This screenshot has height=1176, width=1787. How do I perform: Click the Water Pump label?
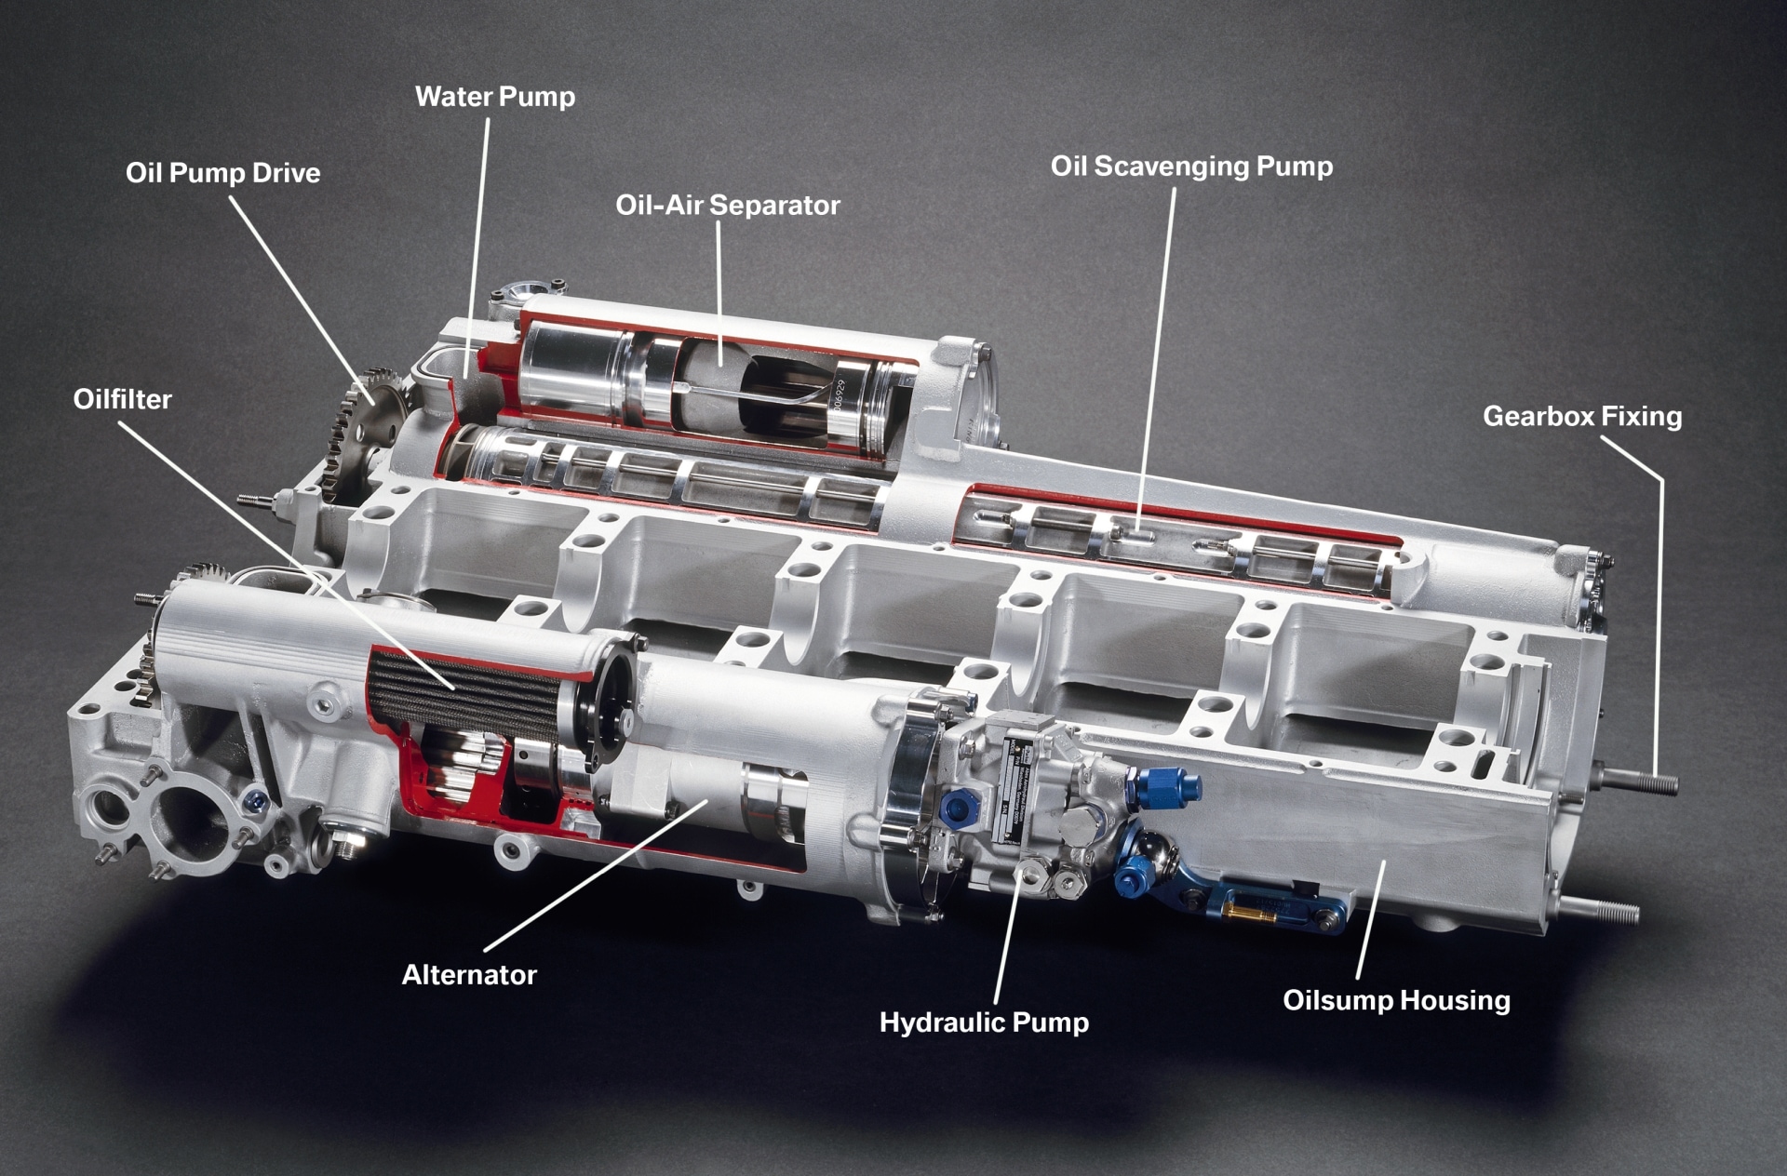click(x=494, y=97)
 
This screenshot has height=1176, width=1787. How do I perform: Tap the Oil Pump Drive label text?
click(x=222, y=173)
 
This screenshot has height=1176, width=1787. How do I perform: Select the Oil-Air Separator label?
click(x=727, y=206)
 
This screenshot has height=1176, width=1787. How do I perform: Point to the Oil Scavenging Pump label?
click(x=1191, y=167)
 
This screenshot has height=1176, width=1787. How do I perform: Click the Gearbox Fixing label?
click(x=1582, y=416)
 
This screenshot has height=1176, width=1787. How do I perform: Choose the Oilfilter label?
click(x=122, y=400)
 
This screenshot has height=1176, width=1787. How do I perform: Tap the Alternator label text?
click(x=469, y=975)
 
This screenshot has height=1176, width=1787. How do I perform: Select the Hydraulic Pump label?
click(x=984, y=1022)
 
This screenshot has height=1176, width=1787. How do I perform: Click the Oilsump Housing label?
click(x=1396, y=1001)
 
